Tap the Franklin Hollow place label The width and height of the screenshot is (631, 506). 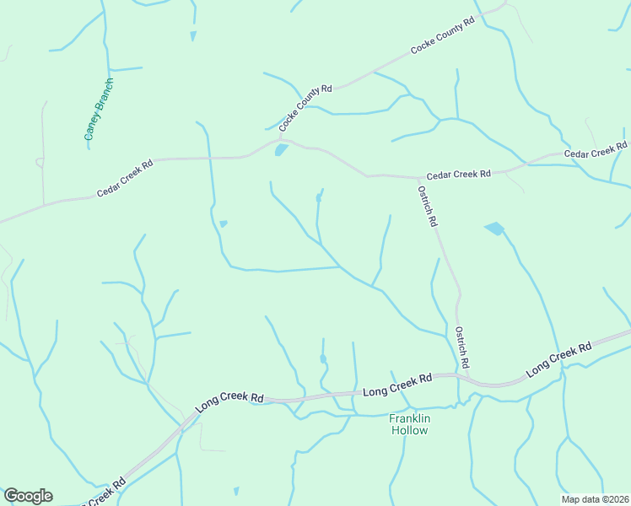click(409, 424)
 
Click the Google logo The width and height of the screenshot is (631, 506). click(28, 496)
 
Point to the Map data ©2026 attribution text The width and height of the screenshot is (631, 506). click(594, 498)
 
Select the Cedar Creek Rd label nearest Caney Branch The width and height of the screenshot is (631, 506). click(125, 179)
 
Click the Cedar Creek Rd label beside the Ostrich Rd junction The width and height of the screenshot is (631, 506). click(458, 175)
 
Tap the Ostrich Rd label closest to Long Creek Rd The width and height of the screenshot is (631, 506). click(461, 346)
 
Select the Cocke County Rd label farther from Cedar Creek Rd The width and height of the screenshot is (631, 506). click(444, 35)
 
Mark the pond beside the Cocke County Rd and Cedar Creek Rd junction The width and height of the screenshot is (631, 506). click(281, 150)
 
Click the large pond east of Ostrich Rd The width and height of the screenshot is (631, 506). click(494, 229)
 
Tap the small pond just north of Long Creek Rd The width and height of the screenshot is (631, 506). click(323, 358)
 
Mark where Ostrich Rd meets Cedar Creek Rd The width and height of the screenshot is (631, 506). click(419, 178)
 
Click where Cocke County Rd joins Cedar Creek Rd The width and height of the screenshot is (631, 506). click(280, 139)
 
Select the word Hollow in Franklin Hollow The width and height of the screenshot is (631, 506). click(409, 430)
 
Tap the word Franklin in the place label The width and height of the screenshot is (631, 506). click(409, 417)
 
